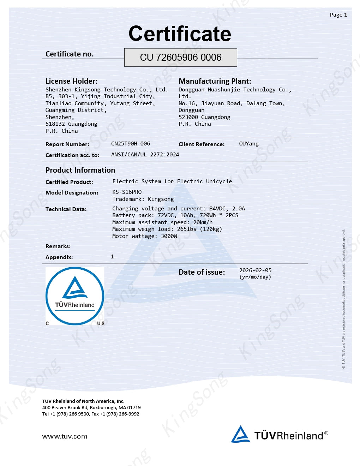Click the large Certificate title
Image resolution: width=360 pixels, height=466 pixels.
180,34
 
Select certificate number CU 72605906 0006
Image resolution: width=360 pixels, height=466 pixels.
180,58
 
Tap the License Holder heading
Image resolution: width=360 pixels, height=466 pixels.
72,81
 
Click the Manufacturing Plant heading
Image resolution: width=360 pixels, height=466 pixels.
215,81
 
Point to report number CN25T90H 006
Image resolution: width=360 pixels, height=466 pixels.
130,144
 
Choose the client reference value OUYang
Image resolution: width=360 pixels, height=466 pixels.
248,144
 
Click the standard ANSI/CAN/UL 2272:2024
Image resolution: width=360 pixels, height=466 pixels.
145,155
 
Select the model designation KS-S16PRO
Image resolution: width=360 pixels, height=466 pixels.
127,192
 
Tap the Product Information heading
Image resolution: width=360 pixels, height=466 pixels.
80,170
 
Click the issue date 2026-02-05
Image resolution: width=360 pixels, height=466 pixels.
255,270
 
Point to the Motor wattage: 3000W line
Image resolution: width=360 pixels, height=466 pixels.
145,236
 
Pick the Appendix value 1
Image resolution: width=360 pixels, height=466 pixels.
112,257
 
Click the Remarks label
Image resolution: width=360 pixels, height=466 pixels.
58,246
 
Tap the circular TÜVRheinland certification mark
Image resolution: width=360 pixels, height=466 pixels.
75,296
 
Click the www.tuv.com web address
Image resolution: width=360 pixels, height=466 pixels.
65,436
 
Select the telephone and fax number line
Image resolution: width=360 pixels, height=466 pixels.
91,414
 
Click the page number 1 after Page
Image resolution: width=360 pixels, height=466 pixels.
346,15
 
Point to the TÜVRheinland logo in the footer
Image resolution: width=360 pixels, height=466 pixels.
280,435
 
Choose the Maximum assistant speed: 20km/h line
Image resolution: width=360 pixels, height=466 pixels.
162,222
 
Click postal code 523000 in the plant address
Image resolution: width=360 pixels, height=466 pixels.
188,117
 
